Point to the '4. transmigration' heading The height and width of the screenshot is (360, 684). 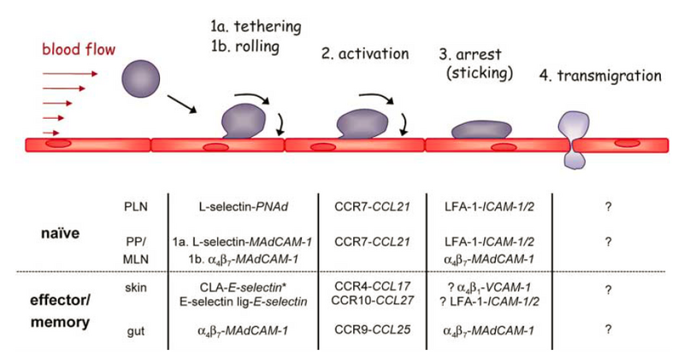600,75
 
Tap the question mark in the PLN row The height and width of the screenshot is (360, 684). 607,206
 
